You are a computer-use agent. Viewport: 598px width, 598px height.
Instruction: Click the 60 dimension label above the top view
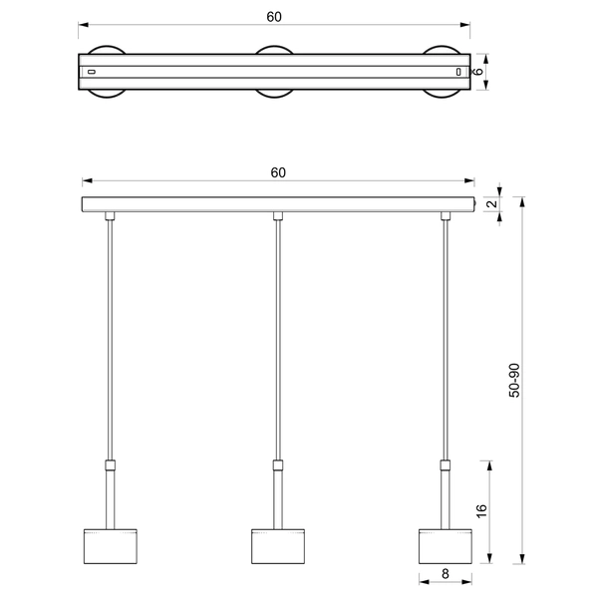pos(273,16)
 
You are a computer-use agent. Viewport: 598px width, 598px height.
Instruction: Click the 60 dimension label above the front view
pos(278,172)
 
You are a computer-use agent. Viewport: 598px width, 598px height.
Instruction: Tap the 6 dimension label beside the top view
pos(478,72)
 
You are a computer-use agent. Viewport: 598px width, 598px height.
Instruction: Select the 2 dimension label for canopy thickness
pos(492,204)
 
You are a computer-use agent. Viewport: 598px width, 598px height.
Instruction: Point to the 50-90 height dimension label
pos(513,381)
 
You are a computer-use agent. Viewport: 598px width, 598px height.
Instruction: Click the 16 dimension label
pos(481,510)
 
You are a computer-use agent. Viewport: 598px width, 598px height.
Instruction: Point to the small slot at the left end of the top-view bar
pos(92,72)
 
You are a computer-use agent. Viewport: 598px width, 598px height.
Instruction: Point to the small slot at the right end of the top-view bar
pos(458,72)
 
